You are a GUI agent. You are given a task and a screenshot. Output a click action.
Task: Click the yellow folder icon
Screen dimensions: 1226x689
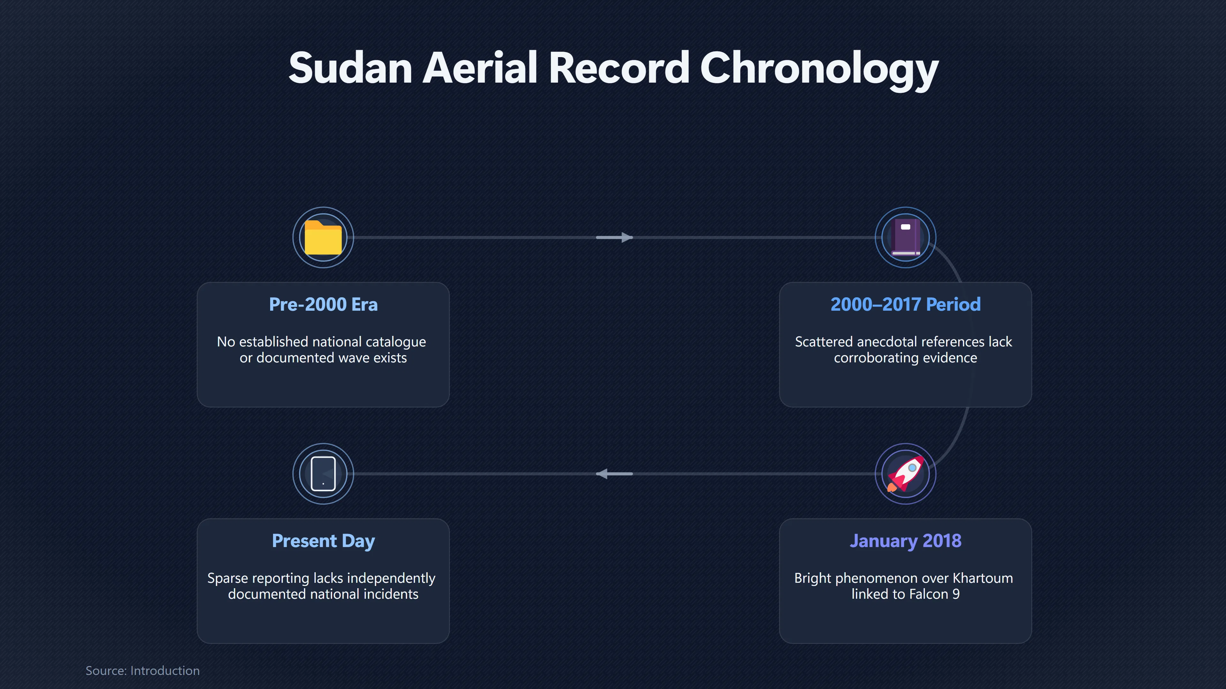point(323,237)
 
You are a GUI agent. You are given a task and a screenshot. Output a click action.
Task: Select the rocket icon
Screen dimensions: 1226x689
point(905,474)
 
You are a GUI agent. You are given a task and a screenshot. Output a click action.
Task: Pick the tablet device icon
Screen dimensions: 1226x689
point(323,474)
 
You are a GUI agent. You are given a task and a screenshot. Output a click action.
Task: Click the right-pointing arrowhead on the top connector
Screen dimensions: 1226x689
point(627,237)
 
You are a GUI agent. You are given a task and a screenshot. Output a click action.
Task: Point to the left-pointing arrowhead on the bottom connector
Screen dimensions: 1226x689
point(602,474)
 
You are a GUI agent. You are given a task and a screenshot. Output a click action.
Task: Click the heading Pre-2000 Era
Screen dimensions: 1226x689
point(323,304)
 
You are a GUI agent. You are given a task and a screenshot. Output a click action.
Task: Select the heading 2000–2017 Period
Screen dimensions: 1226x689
point(905,304)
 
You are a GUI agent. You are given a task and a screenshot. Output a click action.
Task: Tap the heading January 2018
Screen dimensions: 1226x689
point(905,541)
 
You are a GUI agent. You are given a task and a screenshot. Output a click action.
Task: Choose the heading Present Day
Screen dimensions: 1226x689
point(323,541)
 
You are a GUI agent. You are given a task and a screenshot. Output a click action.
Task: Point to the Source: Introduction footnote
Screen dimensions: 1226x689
point(142,670)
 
